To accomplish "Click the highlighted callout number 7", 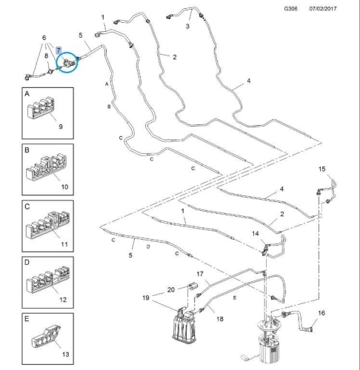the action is coord(59,50).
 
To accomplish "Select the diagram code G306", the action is coord(290,9).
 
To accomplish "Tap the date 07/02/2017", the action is coord(323,9).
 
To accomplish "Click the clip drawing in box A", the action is coord(41,109).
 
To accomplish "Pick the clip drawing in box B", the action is coord(47,166).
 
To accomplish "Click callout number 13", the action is coord(65,354).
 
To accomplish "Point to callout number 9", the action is coord(61,127).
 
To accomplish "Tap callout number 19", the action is coord(146,297).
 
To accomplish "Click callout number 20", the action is coord(171,289).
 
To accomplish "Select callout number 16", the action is coord(321,313).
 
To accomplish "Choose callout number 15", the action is coord(321,169).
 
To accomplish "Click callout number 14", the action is coord(256,233).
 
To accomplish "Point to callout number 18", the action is coord(220,319).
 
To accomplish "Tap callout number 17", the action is coord(200,274).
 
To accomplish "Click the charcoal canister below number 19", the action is coord(184,324).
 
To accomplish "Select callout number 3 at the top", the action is coord(187,26).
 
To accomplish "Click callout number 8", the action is coord(46,56).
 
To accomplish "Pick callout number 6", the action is coord(44,38).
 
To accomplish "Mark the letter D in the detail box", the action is coord(27,263).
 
